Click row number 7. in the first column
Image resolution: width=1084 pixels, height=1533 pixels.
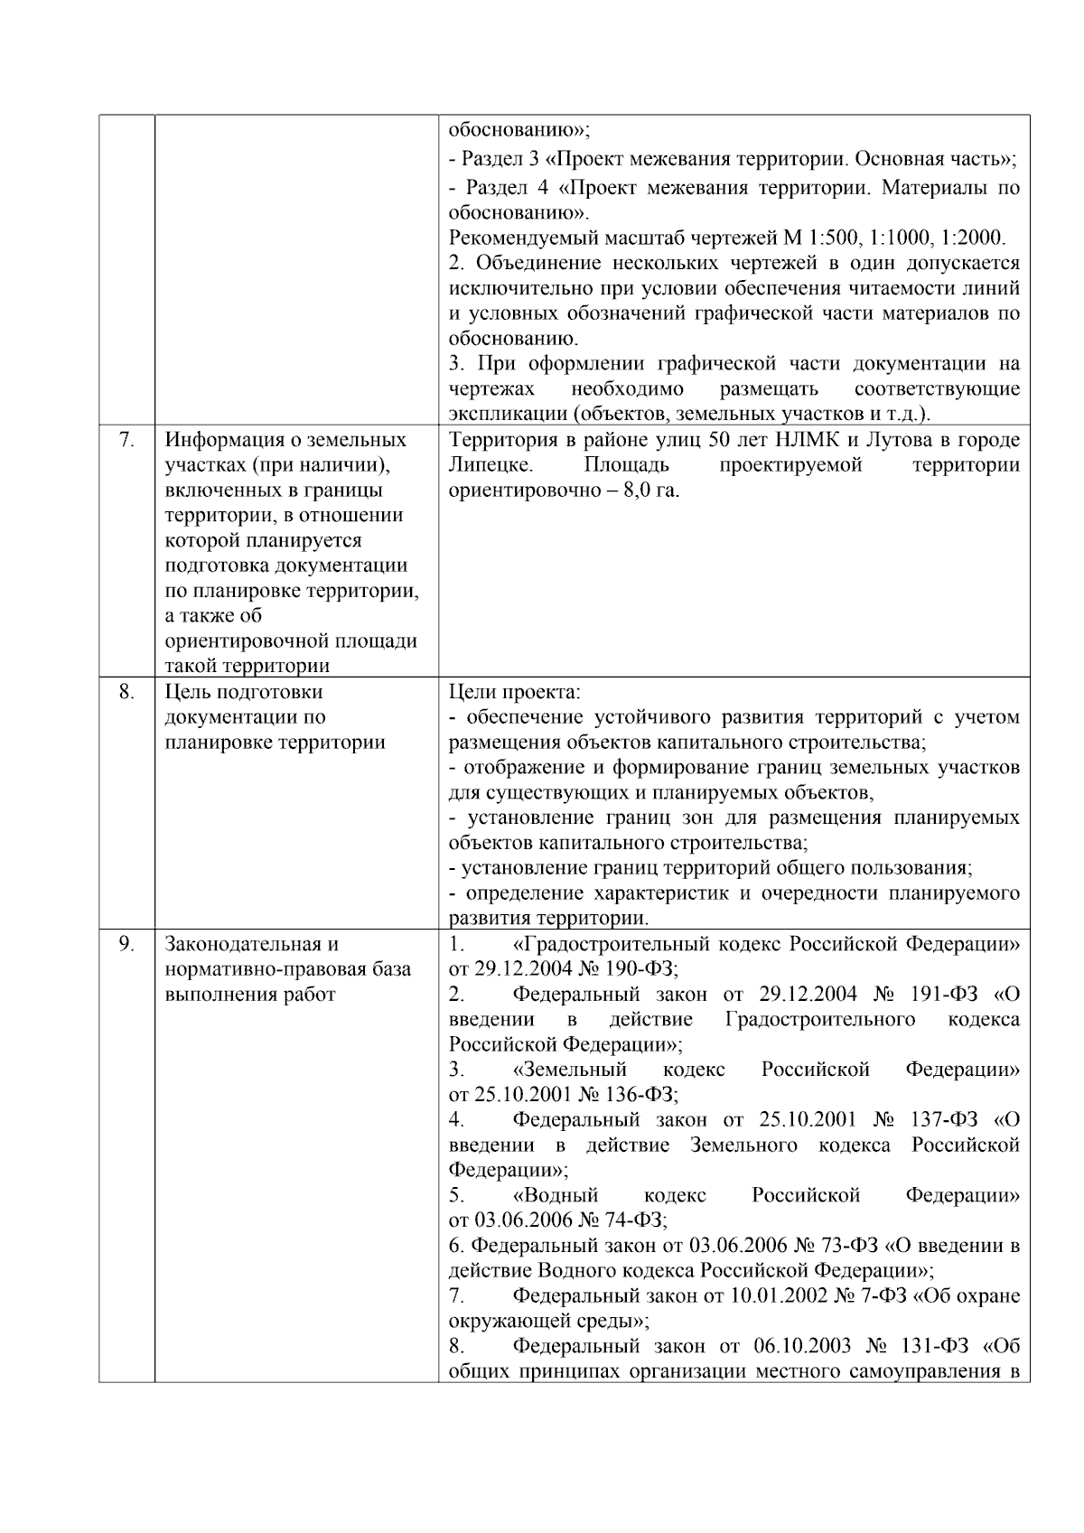pos(127,440)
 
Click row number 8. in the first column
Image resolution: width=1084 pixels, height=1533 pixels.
pos(127,692)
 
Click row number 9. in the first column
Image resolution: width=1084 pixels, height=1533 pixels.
pos(127,944)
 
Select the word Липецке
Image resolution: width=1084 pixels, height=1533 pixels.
pos(491,465)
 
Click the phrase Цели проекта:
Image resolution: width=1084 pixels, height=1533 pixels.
pos(515,692)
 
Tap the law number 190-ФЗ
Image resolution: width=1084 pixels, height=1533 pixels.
pos(641,969)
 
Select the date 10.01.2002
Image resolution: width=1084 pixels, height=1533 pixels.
pos(779,1296)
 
